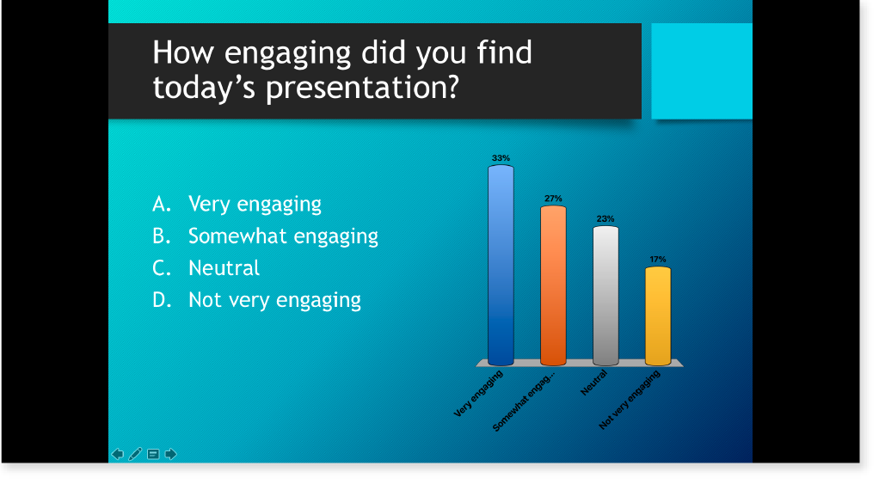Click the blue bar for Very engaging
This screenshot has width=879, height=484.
(501, 265)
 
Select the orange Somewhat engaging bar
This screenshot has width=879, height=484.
(553, 285)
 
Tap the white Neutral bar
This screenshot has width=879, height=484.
(606, 296)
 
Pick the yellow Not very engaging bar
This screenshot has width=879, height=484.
(658, 316)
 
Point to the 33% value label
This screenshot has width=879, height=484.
(501, 158)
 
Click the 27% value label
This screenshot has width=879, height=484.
(553, 199)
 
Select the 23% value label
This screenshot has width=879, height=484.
(605, 218)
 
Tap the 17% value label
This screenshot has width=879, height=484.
(658, 259)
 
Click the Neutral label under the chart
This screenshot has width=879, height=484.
(593, 383)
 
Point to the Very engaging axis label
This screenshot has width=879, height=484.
(478, 394)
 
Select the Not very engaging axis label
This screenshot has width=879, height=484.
(630, 400)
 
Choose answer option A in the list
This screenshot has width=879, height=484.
(237, 204)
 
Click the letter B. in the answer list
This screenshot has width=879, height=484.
(162, 236)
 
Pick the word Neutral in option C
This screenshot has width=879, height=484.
(224, 267)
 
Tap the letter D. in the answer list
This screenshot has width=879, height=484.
(162, 300)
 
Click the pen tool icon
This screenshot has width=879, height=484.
(135, 454)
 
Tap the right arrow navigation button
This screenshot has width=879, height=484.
(171, 454)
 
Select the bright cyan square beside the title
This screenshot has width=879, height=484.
(702, 71)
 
